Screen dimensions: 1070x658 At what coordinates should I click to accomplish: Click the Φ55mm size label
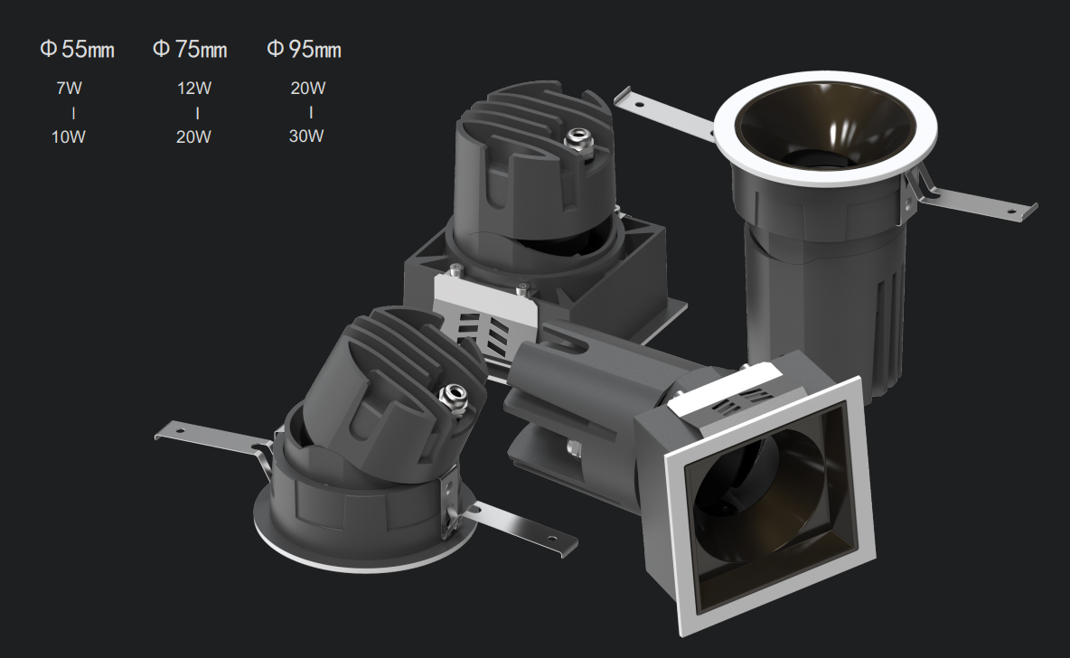pos(77,49)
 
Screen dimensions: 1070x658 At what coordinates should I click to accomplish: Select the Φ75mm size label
pos(190,49)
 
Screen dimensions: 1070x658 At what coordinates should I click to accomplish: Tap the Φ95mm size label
pos(304,49)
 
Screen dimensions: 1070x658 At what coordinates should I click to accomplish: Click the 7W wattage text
pos(69,88)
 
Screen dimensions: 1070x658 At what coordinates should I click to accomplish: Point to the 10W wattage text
pos(69,137)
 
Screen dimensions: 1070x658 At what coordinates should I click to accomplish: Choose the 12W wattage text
pos(193,88)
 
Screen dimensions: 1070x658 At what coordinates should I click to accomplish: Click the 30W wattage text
pos(306,136)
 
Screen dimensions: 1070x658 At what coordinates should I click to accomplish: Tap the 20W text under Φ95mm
pos(308,88)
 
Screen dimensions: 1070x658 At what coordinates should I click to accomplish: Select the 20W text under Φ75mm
pos(193,137)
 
